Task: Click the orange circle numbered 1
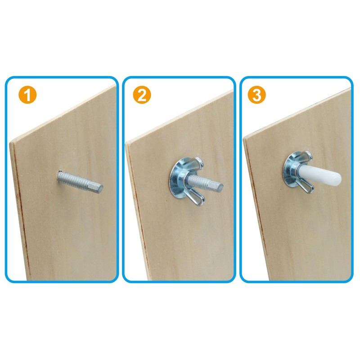pyautogui.click(x=28, y=95)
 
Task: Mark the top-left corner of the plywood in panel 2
pyautogui.click(x=126, y=143)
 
